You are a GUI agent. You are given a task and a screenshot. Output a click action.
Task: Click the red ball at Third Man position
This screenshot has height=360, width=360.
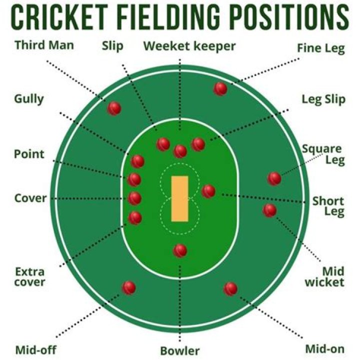114,108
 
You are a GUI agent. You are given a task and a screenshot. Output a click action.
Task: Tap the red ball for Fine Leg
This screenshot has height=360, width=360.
220,89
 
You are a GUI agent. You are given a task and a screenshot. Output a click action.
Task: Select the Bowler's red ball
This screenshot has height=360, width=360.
180,250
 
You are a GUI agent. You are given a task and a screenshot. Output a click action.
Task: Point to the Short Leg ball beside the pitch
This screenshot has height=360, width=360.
208,191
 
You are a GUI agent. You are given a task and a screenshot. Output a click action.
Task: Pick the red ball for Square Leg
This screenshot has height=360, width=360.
274,178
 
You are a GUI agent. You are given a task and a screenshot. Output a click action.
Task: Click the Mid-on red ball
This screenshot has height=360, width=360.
230,288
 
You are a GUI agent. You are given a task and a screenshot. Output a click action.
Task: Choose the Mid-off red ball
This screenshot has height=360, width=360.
129,287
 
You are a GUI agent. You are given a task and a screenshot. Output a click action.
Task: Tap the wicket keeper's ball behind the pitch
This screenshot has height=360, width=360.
180,150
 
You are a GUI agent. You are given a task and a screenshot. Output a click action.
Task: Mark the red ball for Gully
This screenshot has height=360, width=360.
137,161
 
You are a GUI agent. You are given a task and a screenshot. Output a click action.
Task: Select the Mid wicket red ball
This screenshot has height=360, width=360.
269,210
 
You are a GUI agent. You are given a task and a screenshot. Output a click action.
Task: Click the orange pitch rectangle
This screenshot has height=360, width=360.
180,198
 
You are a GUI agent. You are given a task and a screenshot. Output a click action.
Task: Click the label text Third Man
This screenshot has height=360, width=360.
44,45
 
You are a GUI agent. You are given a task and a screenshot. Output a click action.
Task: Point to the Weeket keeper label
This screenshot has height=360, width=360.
189,46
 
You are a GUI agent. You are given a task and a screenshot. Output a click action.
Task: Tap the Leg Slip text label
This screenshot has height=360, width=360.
323,99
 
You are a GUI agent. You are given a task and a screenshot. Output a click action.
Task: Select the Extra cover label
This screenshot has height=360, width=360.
29,277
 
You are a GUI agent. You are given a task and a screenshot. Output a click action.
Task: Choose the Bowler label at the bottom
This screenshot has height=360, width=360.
179,350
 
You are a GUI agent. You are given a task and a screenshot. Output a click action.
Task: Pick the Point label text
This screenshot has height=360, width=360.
28,154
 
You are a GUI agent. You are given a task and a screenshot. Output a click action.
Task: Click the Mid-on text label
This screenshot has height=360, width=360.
324,348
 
